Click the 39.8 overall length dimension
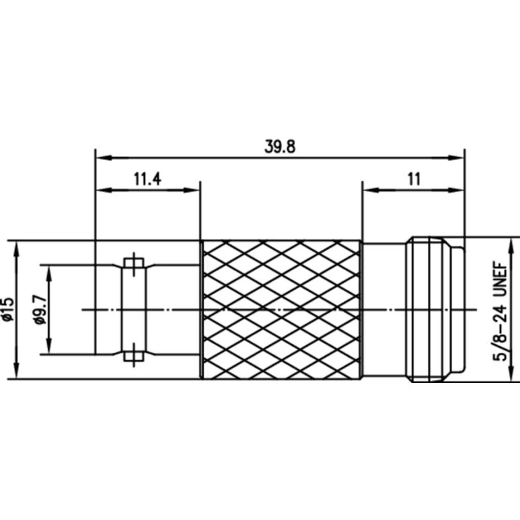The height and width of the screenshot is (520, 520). click(x=280, y=147)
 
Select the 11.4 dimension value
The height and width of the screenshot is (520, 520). click(x=148, y=180)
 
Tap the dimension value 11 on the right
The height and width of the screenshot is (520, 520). click(x=413, y=180)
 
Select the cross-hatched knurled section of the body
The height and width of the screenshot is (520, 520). click(x=281, y=310)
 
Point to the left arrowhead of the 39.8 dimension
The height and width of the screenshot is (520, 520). click(x=102, y=156)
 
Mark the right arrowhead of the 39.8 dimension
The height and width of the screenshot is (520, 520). click(x=458, y=156)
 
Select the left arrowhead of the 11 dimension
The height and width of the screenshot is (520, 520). click(x=368, y=190)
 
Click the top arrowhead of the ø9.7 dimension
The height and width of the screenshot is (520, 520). click(x=49, y=272)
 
